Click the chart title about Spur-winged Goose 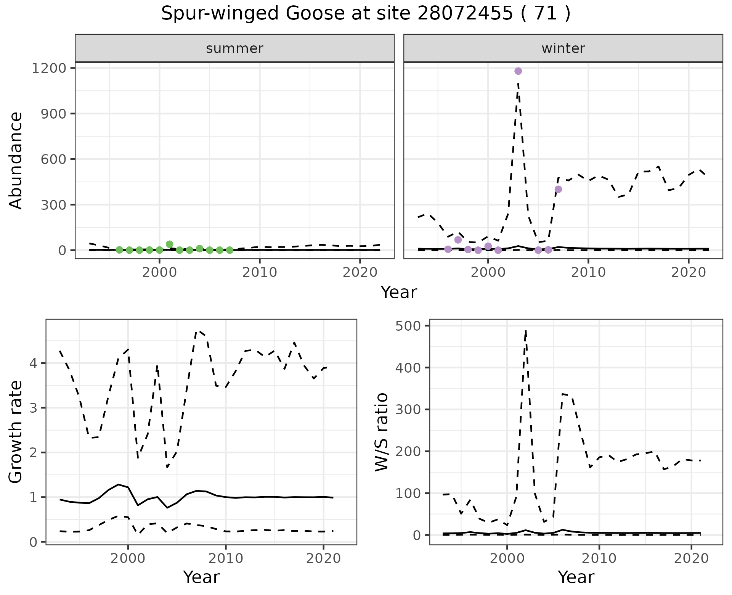366,14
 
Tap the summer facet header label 234,48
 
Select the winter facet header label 563,48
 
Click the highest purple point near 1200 518,71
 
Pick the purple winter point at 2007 558,189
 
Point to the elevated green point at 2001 170,244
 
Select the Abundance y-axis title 16,160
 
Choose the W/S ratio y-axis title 381,432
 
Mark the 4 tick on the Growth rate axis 34,363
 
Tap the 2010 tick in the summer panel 260,272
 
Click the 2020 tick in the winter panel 688,272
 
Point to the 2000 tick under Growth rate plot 128,559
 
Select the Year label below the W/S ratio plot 576,577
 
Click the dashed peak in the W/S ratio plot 526,331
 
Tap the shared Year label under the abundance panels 398,293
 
